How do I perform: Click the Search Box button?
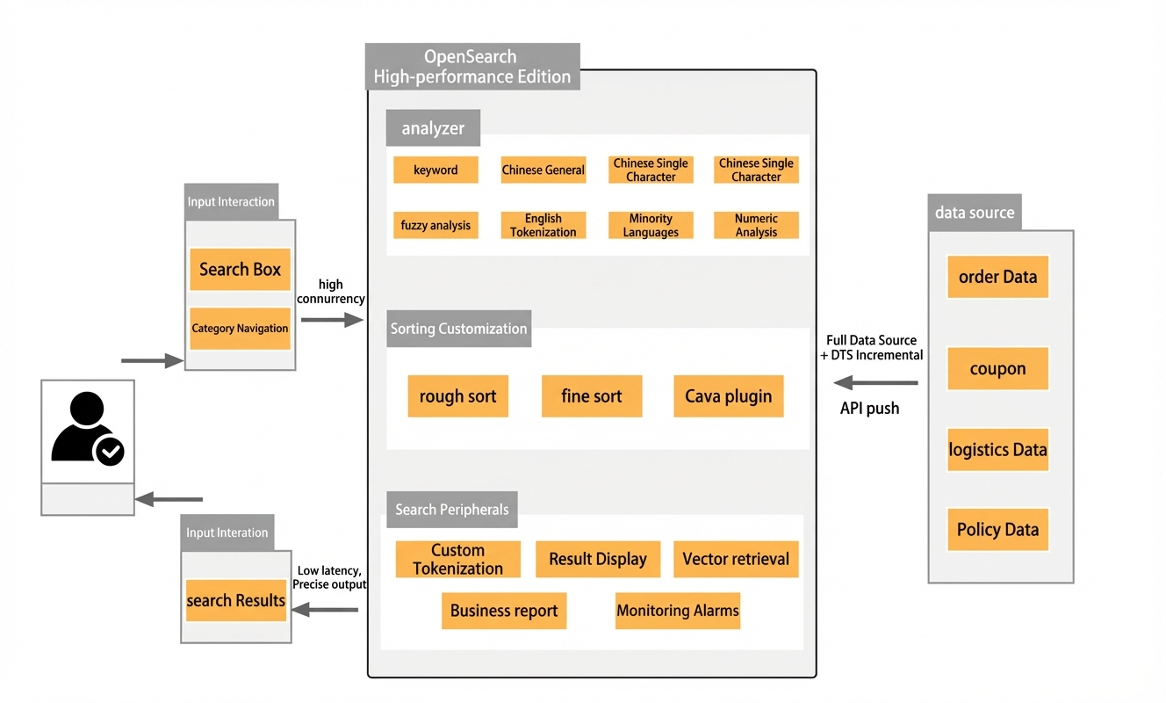pos(240,269)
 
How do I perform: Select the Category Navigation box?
pos(240,329)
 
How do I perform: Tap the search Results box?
pos(236,600)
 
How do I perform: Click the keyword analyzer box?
pos(435,170)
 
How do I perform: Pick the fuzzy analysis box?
pos(435,225)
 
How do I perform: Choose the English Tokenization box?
pos(543,225)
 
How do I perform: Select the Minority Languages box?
pos(651,225)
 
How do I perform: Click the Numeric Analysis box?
pos(756,225)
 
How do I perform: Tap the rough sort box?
pos(458,396)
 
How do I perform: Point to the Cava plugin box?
pos(729,396)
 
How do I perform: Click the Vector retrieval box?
pos(736,559)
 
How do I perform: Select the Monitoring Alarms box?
pos(678,611)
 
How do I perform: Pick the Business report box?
pos(504,611)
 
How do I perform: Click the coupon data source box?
pos(998,368)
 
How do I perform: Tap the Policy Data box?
pos(998,530)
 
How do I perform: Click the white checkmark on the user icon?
pos(111,451)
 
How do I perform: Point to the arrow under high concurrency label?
pos(332,320)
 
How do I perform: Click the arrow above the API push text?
pos(875,382)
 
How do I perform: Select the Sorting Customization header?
pos(459,329)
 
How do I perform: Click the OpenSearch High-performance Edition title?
pos(472,67)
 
